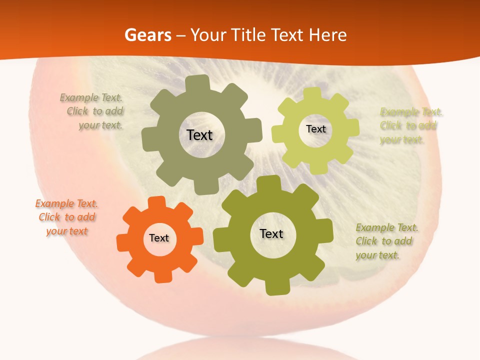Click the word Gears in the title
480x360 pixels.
[147, 35]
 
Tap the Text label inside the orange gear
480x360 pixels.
[159, 238]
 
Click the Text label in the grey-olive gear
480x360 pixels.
[199, 135]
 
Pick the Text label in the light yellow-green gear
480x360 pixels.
[315, 129]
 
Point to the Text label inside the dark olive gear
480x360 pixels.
[271, 234]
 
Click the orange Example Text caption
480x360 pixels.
[66, 217]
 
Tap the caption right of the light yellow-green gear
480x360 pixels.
[411, 125]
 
